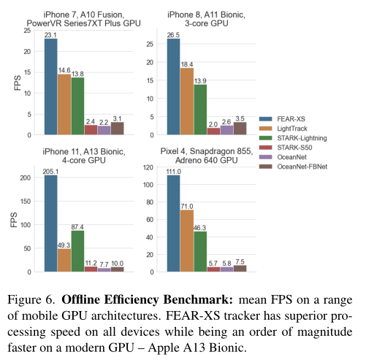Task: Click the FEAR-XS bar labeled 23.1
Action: [x=51, y=87]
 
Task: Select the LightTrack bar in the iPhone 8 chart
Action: [x=187, y=102]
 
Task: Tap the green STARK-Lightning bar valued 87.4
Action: [x=77, y=251]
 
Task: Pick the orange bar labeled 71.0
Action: [x=187, y=241]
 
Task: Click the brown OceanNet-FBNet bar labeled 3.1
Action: [x=118, y=129]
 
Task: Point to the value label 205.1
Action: [x=50, y=172]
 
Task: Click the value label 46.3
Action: [x=199, y=228]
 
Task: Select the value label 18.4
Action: [x=187, y=64]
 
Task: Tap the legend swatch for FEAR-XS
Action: [x=265, y=119]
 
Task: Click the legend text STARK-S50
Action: [x=294, y=148]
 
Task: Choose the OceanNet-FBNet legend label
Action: [x=302, y=166]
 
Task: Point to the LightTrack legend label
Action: [x=292, y=129]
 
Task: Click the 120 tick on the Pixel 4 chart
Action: [x=148, y=167]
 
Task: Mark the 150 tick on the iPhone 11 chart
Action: [x=26, y=202]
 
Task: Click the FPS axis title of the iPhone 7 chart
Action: [x=18, y=83]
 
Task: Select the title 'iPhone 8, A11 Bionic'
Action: [x=206, y=15]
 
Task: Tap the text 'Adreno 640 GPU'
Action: [x=207, y=161]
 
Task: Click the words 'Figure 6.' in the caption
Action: [x=31, y=299]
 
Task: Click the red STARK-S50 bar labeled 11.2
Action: [x=91, y=269]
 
